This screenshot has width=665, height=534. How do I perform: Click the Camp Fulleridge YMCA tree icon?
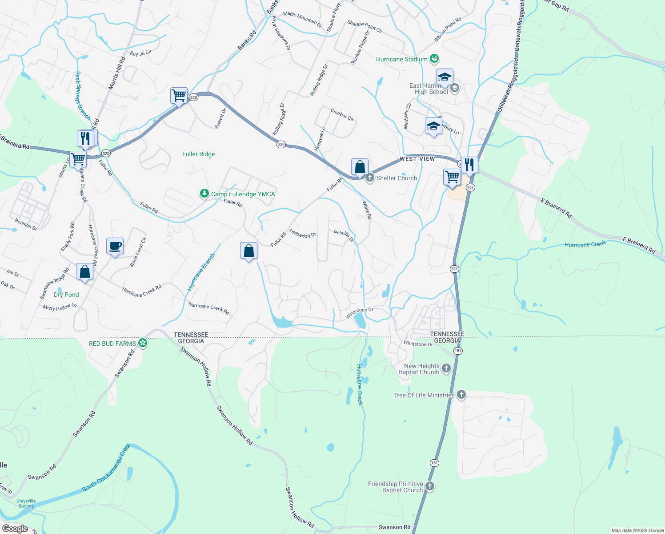[x=204, y=194]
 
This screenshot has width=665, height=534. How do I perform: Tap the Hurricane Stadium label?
[x=401, y=59]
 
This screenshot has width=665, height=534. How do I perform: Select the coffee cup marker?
[x=115, y=246]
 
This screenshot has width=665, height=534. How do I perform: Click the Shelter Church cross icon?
[x=369, y=178]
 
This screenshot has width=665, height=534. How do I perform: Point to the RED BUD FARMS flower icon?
[x=142, y=343]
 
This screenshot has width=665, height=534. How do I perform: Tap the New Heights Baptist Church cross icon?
[x=446, y=368]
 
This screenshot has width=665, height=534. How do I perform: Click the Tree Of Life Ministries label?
[x=424, y=395]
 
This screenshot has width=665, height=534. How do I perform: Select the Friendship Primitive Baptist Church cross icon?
[x=429, y=486]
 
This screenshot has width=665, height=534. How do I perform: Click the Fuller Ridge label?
[x=198, y=154]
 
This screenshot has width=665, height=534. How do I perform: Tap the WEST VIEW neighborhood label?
[x=417, y=159]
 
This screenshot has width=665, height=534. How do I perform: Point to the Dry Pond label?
[x=66, y=295]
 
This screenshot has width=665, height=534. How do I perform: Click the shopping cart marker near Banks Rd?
[x=179, y=95]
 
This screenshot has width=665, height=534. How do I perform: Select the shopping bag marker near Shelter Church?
[x=360, y=167]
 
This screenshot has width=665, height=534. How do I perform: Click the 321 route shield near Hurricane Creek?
[x=454, y=269]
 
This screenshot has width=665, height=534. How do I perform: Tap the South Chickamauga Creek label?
[x=107, y=467]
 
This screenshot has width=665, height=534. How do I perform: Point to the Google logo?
[x=15, y=528]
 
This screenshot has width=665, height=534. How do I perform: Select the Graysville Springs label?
[x=26, y=503]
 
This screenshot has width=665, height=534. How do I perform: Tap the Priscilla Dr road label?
[x=344, y=236]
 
